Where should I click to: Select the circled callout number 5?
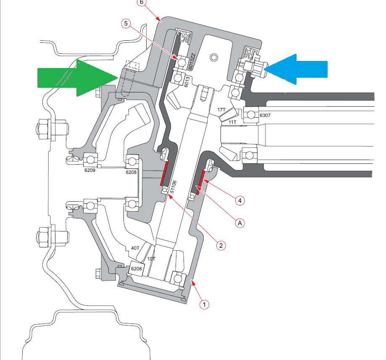point(127,24)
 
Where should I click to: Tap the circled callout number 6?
point(141,2)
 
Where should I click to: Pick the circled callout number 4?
point(239,201)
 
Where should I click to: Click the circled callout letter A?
point(240,223)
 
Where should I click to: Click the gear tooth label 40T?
point(135,248)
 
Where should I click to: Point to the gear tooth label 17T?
point(222,110)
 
